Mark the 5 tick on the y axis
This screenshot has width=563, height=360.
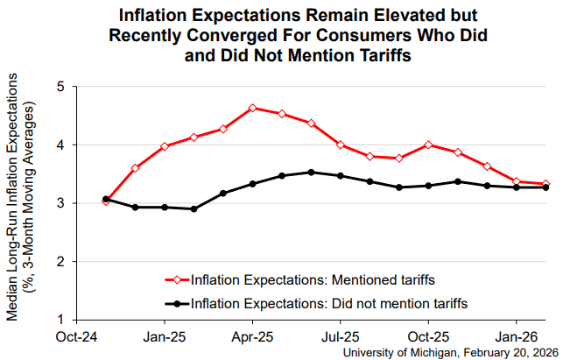60,87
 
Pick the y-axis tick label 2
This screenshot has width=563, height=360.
60,261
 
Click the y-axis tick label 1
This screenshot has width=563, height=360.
60,319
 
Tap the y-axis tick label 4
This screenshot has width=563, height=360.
60,145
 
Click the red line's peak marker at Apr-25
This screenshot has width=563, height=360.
252,109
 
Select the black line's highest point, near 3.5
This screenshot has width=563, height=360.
311,173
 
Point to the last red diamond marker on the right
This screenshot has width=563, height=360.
546,184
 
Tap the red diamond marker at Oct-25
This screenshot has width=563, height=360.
428,145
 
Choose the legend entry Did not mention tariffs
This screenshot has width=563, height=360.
315,303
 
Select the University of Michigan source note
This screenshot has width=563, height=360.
446,351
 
